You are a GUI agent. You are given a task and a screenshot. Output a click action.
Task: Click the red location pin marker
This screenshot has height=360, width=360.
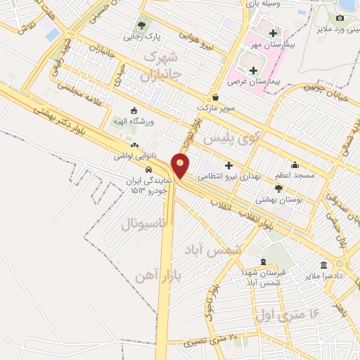[x=181, y=165]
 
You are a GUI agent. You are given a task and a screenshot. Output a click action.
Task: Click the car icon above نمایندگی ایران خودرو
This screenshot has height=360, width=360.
[x=148, y=169]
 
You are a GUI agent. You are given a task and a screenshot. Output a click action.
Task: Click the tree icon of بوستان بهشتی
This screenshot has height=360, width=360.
[x=278, y=188]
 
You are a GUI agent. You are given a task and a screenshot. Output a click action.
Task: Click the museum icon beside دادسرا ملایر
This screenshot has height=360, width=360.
[x=323, y=265]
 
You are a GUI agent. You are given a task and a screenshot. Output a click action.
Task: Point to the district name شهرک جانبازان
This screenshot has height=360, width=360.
[x=162, y=63]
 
